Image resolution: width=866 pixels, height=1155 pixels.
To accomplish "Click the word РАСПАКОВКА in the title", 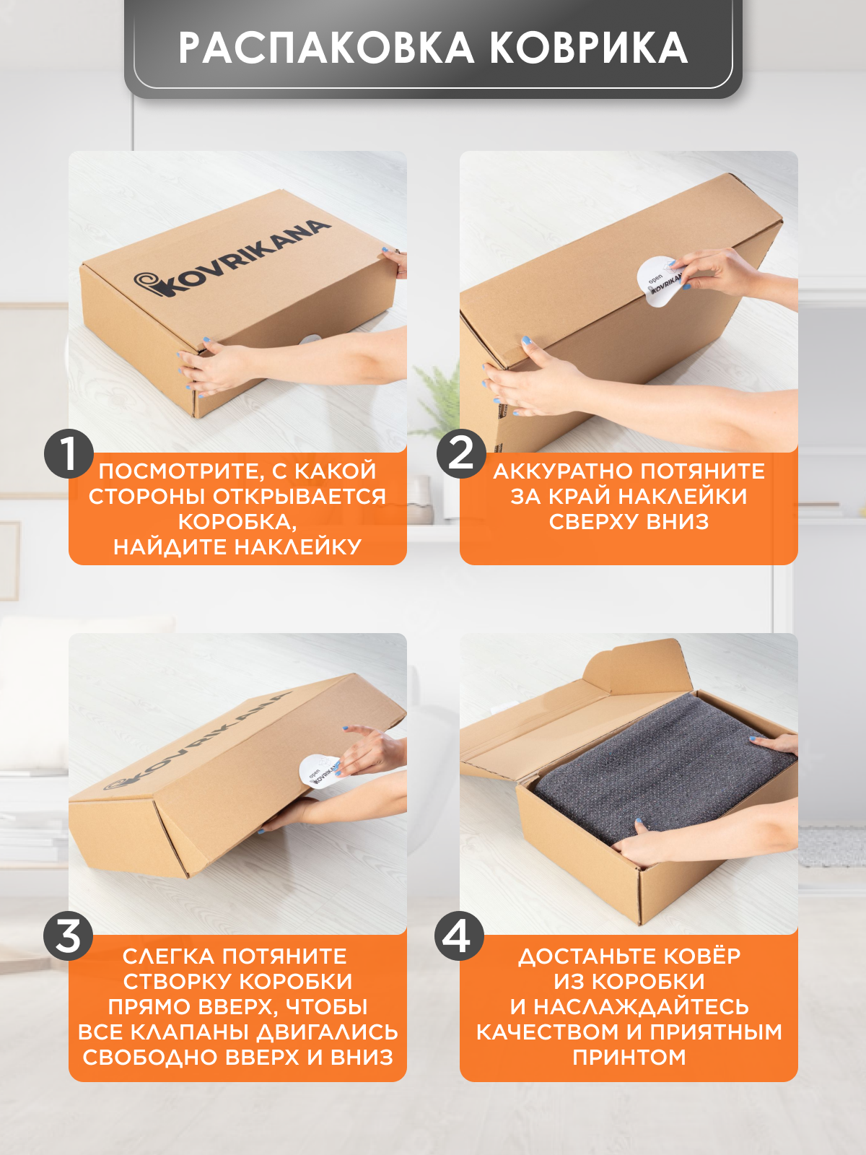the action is [326, 48].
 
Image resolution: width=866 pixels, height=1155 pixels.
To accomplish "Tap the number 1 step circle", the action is [69, 454].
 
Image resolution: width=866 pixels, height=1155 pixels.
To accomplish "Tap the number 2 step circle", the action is [461, 454].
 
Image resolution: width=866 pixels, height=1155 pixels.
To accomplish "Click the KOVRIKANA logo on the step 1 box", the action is [232, 258].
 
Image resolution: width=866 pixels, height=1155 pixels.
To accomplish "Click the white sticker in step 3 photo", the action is [320, 772].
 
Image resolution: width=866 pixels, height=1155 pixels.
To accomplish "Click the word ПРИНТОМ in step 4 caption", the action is [629, 1057].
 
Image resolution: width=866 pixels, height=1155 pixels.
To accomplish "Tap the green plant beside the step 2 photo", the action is [437, 400].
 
